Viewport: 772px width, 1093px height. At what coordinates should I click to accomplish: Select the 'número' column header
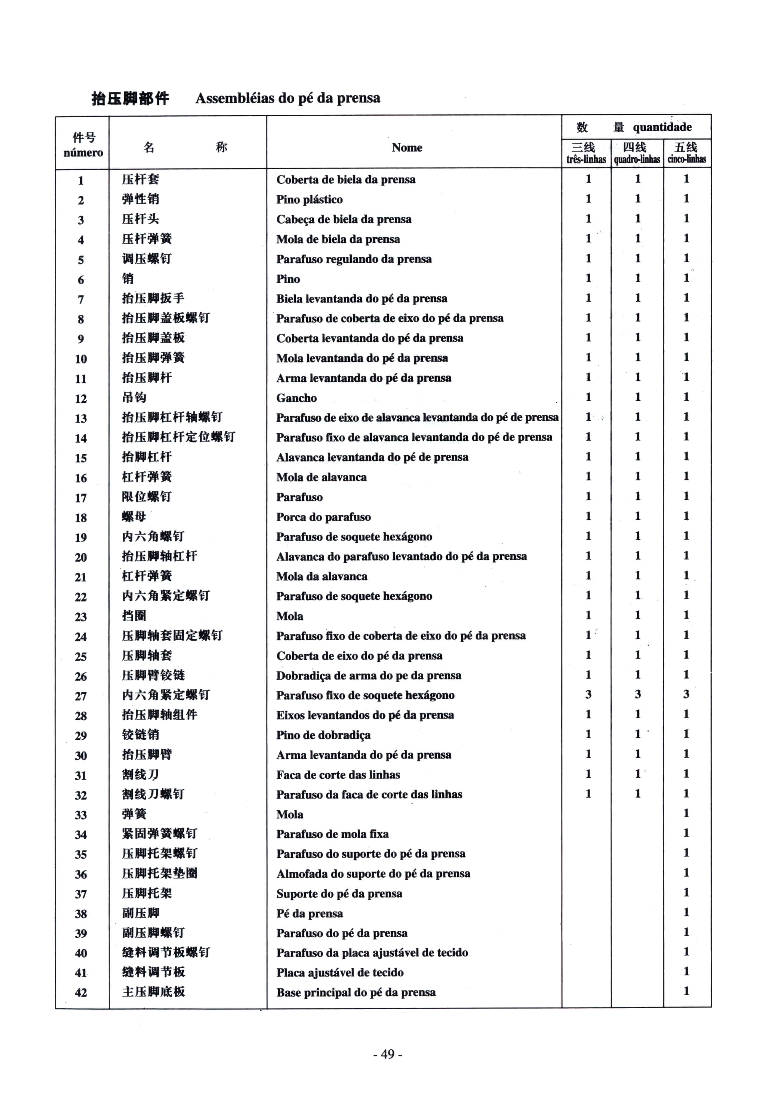click(83, 153)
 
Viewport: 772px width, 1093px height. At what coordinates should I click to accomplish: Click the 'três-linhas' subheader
click(586, 160)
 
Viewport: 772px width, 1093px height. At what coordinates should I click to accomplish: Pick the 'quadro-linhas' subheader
click(637, 160)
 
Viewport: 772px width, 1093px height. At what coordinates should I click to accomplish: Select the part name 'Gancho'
click(296, 398)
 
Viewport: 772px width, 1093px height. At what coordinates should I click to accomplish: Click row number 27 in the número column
click(81, 696)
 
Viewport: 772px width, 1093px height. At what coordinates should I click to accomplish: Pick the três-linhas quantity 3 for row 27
click(588, 694)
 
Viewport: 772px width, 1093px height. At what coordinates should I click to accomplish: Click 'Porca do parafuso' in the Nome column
click(323, 517)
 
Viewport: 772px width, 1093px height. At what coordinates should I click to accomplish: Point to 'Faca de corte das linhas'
click(338, 775)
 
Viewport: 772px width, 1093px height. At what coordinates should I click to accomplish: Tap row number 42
click(81, 993)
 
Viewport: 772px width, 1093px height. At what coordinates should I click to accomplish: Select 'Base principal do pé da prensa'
click(356, 993)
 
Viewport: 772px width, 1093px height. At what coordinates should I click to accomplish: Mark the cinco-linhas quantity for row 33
click(686, 813)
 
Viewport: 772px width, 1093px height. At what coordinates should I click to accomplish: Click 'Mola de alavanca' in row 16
click(322, 477)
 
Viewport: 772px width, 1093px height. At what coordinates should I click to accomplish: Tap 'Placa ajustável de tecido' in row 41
click(340, 972)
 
